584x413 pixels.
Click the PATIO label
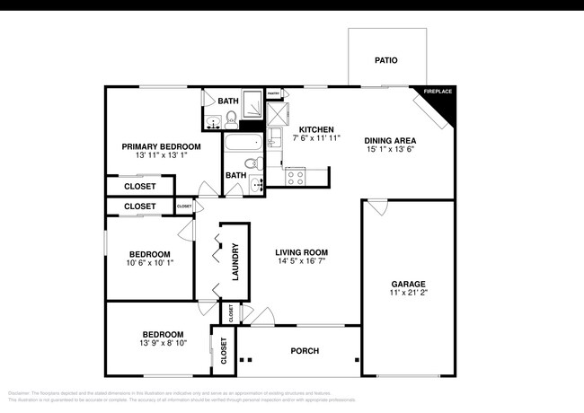pyautogui.click(x=386, y=61)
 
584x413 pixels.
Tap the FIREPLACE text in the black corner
pyautogui.click(x=438, y=92)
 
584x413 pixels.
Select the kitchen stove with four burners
pyautogui.click(x=296, y=178)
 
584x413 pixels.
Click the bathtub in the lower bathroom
pyautogui.click(x=243, y=143)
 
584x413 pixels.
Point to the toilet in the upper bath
pyautogui.click(x=230, y=119)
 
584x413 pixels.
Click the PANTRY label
pyautogui.click(x=274, y=92)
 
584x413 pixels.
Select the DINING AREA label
pyautogui.click(x=389, y=140)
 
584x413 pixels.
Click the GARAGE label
pyautogui.click(x=408, y=284)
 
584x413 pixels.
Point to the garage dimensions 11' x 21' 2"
pyautogui.click(x=408, y=293)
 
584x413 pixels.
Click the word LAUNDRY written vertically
pyautogui.click(x=234, y=261)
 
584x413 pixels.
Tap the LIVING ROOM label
pyautogui.click(x=301, y=252)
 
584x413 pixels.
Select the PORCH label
pyautogui.click(x=305, y=351)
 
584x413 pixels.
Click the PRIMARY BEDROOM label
pyautogui.click(x=162, y=146)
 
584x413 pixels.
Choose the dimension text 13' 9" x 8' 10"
pyautogui.click(x=163, y=343)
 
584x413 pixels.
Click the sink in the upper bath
pyautogui.click(x=212, y=123)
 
